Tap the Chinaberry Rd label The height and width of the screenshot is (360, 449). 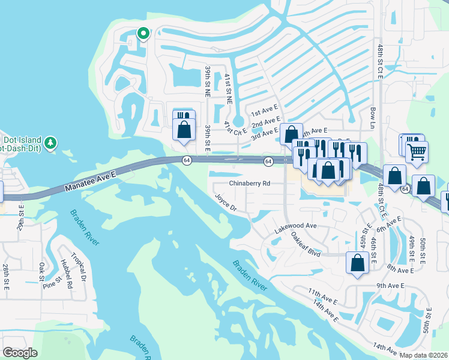tap(250, 184)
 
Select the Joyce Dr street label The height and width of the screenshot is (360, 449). tap(226, 203)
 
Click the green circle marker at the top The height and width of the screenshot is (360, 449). tap(143, 34)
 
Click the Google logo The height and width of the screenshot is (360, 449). tap(20, 352)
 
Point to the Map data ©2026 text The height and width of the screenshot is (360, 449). tap(423, 355)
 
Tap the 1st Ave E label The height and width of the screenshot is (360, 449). tap(265, 112)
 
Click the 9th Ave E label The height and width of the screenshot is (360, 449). tap(391, 286)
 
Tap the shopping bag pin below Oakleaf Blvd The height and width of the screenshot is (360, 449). tap(357, 263)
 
